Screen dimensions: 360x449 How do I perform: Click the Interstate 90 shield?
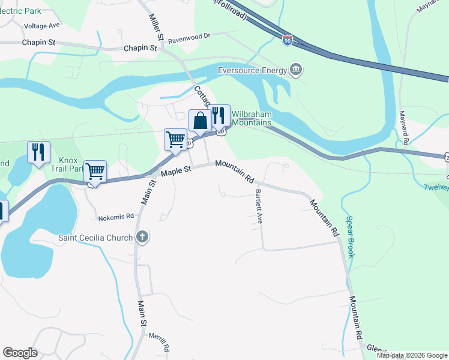click(x=288, y=40)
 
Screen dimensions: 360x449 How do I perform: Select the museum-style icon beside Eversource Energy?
click(x=295, y=70)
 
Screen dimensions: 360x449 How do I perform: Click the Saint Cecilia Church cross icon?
click(x=142, y=237)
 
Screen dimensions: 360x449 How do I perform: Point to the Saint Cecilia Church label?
click(x=95, y=238)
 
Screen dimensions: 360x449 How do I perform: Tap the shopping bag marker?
click(x=200, y=121)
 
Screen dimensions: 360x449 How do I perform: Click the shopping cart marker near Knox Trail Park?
click(x=95, y=172)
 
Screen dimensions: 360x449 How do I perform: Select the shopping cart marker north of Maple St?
click(x=175, y=139)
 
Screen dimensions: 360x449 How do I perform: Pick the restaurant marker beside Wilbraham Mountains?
click(x=219, y=116)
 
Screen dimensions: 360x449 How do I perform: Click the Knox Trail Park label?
click(x=72, y=165)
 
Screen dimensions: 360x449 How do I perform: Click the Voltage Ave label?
click(x=42, y=26)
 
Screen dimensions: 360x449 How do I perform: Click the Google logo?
click(x=20, y=353)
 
